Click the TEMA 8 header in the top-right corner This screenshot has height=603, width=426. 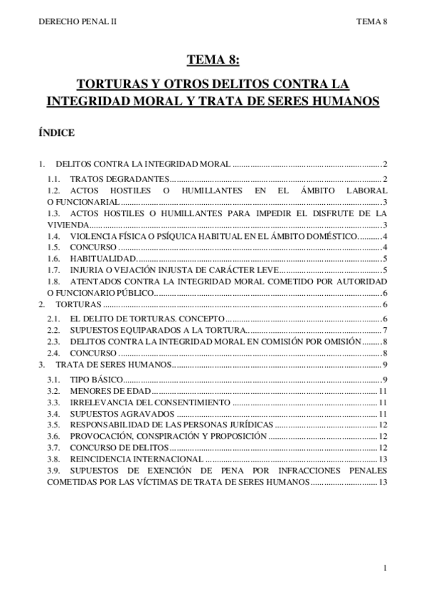[371, 21]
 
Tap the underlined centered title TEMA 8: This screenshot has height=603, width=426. [213, 60]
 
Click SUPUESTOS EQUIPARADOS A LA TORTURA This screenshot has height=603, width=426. [157, 331]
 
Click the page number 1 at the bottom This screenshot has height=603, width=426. [383, 567]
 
